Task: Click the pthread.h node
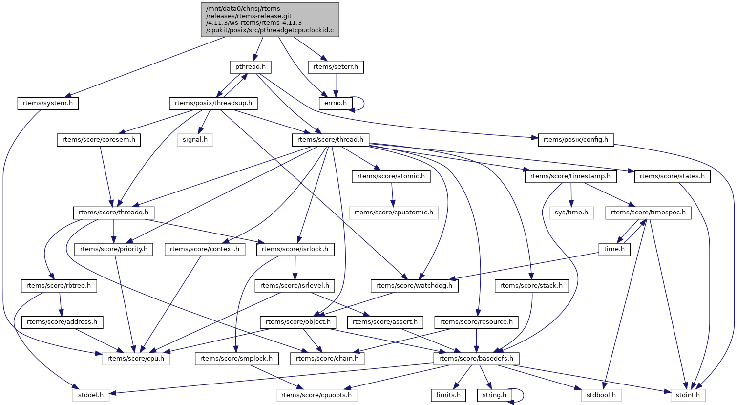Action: pyautogui.click(x=251, y=67)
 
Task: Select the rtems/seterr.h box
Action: pyautogui.click(x=336, y=67)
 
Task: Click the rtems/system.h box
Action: pyautogui.click(x=48, y=103)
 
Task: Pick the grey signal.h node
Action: pyautogui.click(x=195, y=140)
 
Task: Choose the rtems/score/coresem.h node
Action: pyautogui.click(x=99, y=140)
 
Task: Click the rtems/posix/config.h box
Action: pyautogui.click(x=576, y=140)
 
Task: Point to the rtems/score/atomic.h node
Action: pyautogui.click(x=391, y=176)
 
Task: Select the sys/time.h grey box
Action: pyautogui.click(x=571, y=213)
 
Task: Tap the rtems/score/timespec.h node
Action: pyautogui.click(x=648, y=213)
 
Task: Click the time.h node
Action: pyautogui.click(x=614, y=249)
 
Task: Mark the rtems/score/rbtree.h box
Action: pyautogui.click(x=59, y=286)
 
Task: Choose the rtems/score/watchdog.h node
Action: pyautogui.click(x=415, y=286)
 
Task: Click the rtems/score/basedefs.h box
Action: pyautogui.click(x=476, y=359)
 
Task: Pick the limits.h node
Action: pyautogui.click(x=448, y=395)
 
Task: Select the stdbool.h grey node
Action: pyautogui.click(x=601, y=395)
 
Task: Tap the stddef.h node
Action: pyautogui.click(x=91, y=395)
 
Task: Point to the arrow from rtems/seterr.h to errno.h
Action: pyautogui.click(x=336, y=85)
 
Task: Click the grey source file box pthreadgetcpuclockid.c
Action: pyautogui.click(x=270, y=20)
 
